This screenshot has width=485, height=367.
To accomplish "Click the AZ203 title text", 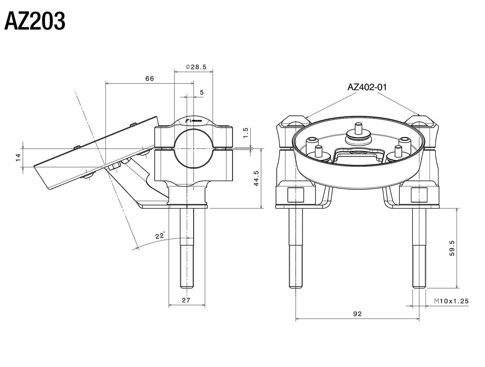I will (35, 22).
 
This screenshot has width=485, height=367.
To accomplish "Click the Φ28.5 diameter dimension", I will (196, 67).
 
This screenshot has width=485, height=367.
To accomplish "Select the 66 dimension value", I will (149, 78).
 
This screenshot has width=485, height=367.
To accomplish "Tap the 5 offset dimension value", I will (201, 92).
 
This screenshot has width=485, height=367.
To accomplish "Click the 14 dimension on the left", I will (18, 157).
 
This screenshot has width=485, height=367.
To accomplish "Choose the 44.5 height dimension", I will (256, 178).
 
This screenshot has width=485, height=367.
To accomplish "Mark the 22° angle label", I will (160, 236).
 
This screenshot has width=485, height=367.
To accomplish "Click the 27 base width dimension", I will (186, 300).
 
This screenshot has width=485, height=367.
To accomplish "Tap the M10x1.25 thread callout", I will (451, 301).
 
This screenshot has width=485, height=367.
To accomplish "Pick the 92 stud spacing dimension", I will (357, 314).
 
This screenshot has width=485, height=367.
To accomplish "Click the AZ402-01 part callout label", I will (367, 87).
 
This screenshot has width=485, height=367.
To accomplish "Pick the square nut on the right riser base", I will (419, 195).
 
